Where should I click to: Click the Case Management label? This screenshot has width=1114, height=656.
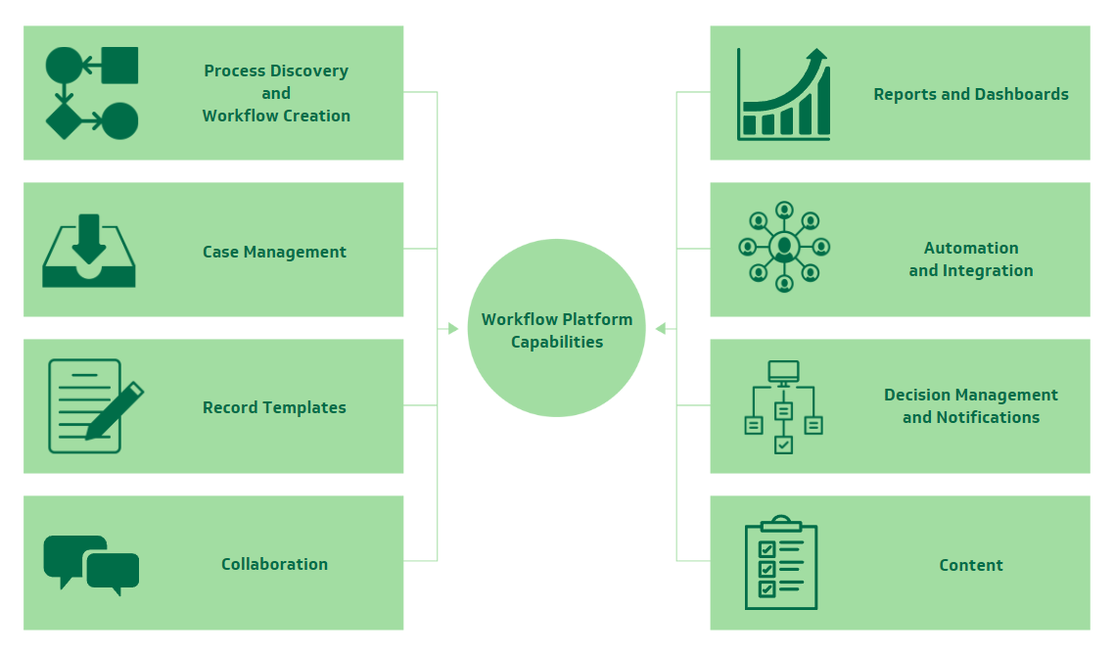[x=274, y=252]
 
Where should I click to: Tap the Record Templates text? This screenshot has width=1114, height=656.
[x=274, y=407]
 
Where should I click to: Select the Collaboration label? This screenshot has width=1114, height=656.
[x=274, y=564]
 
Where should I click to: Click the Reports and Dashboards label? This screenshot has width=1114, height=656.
[x=970, y=94]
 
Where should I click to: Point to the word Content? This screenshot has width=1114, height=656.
[x=970, y=565]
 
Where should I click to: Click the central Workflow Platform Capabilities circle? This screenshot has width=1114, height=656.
[x=556, y=329]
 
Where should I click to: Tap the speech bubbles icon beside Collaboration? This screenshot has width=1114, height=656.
[x=91, y=565]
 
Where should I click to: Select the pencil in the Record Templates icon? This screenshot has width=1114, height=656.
[x=116, y=410]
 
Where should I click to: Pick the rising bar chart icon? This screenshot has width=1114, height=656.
[x=784, y=94]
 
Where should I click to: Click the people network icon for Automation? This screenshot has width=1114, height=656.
[x=783, y=247]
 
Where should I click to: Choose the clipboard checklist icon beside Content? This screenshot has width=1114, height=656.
[x=781, y=563]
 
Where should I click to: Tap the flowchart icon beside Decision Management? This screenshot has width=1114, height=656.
[x=783, y=407]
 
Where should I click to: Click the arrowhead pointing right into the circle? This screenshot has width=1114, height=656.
[x=453, y=329]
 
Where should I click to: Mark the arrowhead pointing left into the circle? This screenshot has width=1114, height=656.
[x=661, y=329]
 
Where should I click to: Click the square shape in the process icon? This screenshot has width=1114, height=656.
[x=119, y=66]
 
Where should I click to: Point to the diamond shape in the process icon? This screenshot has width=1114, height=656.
[x=64, y=121]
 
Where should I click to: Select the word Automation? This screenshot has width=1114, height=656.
[x=970, y=248]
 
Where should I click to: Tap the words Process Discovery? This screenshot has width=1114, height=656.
[x=275, y=70]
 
